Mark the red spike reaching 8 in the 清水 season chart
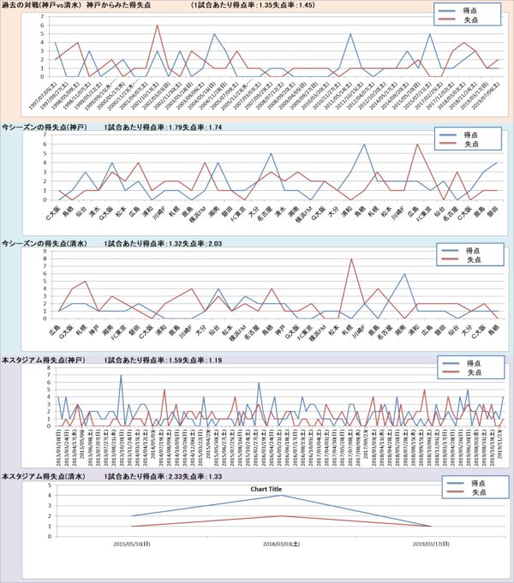click(x=351, y=259)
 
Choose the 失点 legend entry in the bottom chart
click(x=472, y=495)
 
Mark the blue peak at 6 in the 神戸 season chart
click(x=365, y=145)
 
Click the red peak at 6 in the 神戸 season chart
click(x=417, y=145)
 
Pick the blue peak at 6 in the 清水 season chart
click(x=403, y=274)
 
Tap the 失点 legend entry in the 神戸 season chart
click(x=472, y=146)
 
